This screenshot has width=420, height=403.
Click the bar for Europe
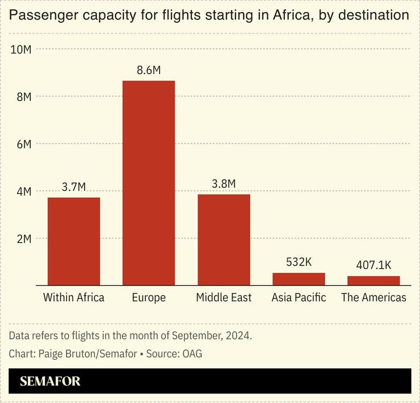tap(149, 182)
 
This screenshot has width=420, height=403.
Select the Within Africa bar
tap(74, 241)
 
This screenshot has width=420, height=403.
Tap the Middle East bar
tap(224, 239)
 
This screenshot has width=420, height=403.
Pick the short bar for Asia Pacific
tap(299, 279)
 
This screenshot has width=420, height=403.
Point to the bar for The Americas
tap(373, 280)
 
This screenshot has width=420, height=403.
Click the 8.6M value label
tap(149, 70)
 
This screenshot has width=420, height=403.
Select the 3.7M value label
tap(74, 187)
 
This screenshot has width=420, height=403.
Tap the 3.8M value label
tap(224, 184)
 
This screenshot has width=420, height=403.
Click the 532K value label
tap(299, 262)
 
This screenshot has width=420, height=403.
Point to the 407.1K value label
tap(373, 265)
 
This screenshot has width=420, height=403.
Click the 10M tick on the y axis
tap(21, 49)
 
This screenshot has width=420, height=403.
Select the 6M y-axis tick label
tap(23, 144)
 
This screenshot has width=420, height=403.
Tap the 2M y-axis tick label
tap(23, 239)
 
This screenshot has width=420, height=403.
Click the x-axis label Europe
tap(149, 297)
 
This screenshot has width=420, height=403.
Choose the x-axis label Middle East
tap(224, 297)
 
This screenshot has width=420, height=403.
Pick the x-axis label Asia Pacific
tap(299, 297)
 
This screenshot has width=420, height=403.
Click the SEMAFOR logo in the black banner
tap(50, 381)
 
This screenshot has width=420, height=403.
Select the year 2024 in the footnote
tap(238, 335)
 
